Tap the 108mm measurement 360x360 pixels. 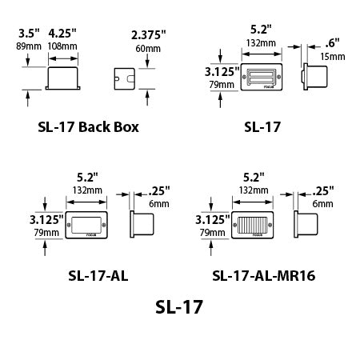[x=63, y=47]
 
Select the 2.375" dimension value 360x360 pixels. [x=147, y=34]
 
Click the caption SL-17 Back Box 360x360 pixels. [x=88, y=126]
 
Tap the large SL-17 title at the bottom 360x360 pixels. [x=180, y=306]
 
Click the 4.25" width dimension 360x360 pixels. [x=62, y=34]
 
